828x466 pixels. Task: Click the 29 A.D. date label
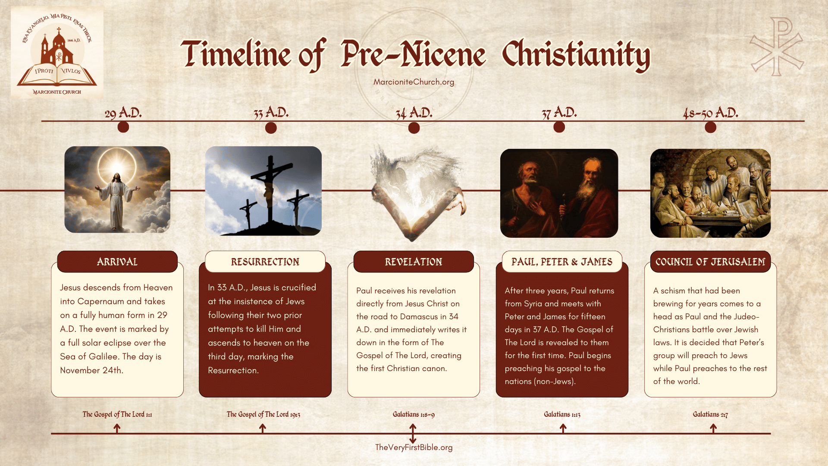[123, 113]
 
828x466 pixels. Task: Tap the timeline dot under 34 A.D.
[414, 128]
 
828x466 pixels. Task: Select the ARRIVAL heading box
[117, 261]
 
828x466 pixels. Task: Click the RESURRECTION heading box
[265, 261]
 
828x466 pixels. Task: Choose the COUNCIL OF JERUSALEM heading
[710, 261]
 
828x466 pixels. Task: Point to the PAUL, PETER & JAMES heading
[562, 261]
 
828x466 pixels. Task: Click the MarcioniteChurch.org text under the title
[414, 82]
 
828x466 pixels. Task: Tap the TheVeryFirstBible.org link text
[414, 447]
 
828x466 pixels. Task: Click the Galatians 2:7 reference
[710, 414]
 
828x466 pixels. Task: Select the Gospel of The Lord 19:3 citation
[263, 414]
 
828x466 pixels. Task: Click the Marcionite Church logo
[57, 53]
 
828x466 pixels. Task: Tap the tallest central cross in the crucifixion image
[271, 186]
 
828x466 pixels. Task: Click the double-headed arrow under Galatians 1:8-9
[413, 433]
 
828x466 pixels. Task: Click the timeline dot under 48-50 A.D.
[710, 127]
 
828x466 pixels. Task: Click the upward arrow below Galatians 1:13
[563, 428]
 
